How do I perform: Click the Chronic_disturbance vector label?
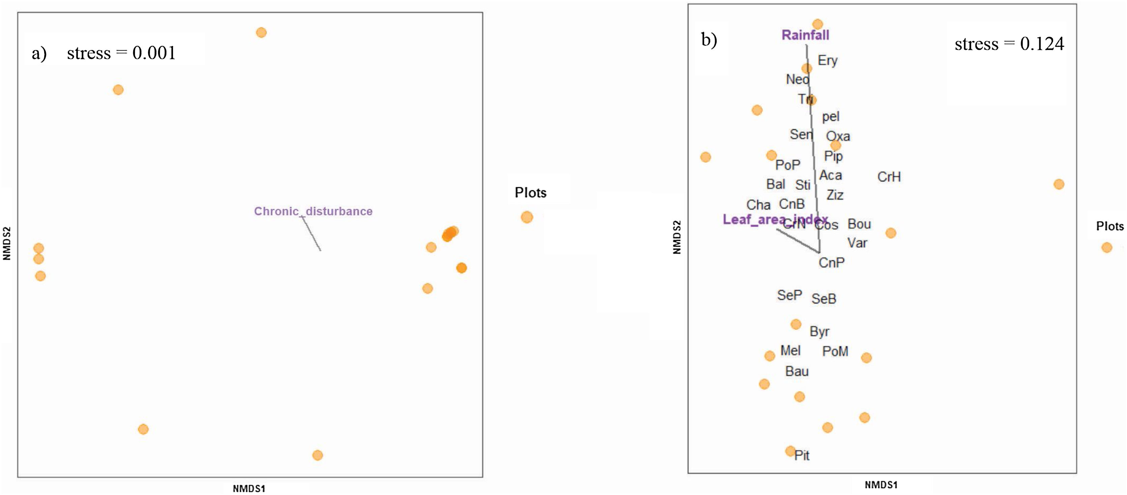click(313, 211)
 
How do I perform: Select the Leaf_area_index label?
click(775, 219)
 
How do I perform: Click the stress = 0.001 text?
click(121, 53)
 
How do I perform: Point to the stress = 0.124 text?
click(1009, 44)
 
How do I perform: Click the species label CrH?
click(889, 177)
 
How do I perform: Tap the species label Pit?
click(802, 455)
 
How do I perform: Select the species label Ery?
click(827, 60)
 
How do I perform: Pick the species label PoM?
click(835, 351)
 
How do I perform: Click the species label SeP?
click(789, 295)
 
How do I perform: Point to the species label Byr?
click(819, 331)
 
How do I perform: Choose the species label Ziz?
click(835, 195)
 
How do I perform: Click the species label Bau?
click(797, 371)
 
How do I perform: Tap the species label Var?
click(857, 243)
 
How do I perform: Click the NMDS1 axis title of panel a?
click(249, 489)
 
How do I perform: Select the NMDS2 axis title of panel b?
click(677, 237)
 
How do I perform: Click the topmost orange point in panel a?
click(261, 32)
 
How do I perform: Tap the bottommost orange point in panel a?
click(318, 455)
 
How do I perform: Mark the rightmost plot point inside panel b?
click(1059, 184)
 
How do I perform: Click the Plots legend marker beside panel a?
click(527, 217)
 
